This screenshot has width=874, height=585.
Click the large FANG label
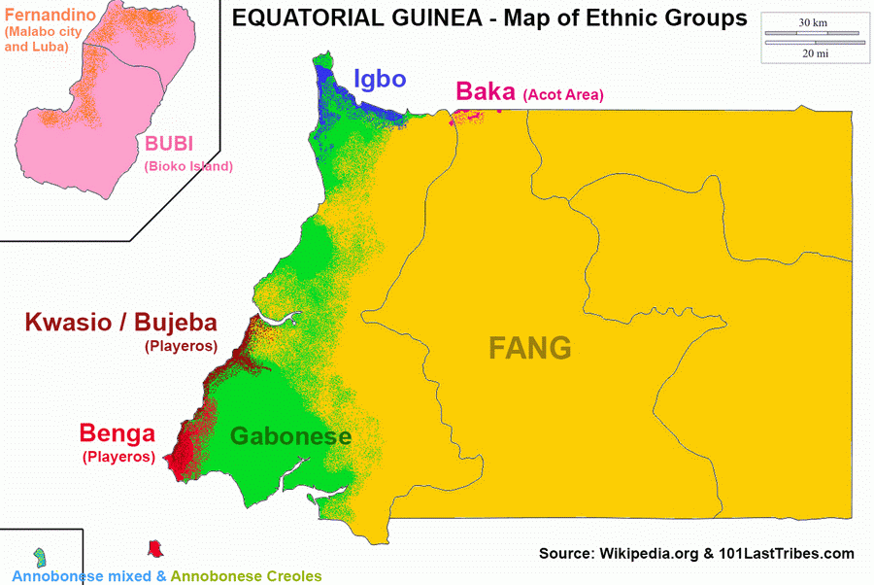coord(529,348)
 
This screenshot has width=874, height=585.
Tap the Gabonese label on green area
coord(290,436)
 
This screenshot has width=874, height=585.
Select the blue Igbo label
coord(379,79)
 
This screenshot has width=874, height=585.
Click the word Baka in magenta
coord(486,92)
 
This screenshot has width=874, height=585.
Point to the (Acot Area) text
coord(563,95)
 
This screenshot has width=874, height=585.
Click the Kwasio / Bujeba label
coord(120,323)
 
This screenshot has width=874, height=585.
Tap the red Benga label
coord(118,433)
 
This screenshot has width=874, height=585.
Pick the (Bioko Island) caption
coord(188,166)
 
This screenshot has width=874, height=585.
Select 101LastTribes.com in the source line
coord(786,554)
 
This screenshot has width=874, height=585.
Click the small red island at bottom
coord(153,549)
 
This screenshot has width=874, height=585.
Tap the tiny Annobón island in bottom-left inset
coord(40,557)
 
